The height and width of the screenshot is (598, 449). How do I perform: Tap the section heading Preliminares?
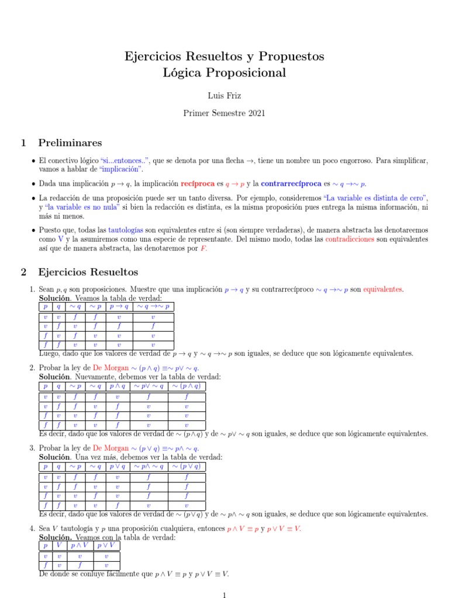point(70,143)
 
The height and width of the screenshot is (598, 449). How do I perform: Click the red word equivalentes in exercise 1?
point(383,289)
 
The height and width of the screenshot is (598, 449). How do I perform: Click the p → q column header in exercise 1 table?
point(119,307)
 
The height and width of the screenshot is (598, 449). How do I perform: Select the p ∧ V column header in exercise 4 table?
point(79,545)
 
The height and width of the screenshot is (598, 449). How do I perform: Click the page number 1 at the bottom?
point(224,594)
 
